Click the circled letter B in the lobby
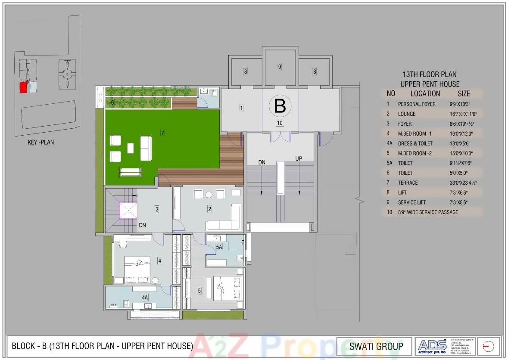click(280, 106)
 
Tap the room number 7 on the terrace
click(162, 133)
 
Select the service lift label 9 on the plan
click(280, 66)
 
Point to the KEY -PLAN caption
click(41, 142)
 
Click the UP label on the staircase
click(299, 159)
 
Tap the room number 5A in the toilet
click(219, 247)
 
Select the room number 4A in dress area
click(145, 297)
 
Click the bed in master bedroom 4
click(137, 269)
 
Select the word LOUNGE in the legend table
click(407, 114)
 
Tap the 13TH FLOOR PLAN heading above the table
click(429, 74)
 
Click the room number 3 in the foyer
click(157, 209)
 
